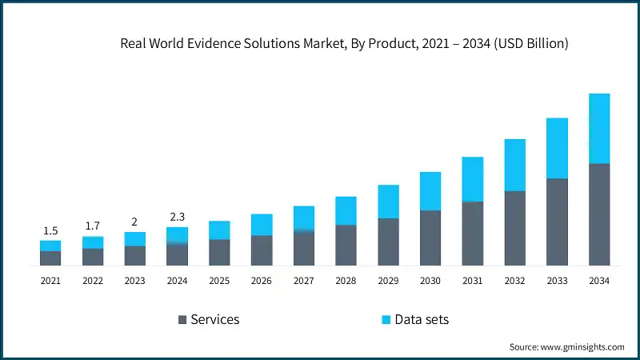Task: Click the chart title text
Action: [344, 44]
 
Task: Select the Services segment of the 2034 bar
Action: [599, 214]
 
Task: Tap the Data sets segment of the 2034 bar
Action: [599, 128]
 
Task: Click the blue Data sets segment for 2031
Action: [472, 179]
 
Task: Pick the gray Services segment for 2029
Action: [388, 242]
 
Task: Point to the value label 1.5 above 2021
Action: [50, 230]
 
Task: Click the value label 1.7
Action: [93, 226]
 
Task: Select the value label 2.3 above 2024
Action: [177, 217]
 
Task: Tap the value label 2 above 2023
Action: [135, 222]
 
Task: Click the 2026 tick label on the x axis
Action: [262, 281]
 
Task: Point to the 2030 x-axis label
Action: [430, 281]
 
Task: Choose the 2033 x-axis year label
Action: [557, 281]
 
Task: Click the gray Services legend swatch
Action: [182, 320]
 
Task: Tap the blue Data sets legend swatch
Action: [386, 320]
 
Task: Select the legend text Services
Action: [214, 320]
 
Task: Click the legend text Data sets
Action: [422, 320]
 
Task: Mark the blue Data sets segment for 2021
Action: [50, 246]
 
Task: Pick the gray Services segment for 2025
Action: [219, 252]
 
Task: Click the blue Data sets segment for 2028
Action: [346, 210]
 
